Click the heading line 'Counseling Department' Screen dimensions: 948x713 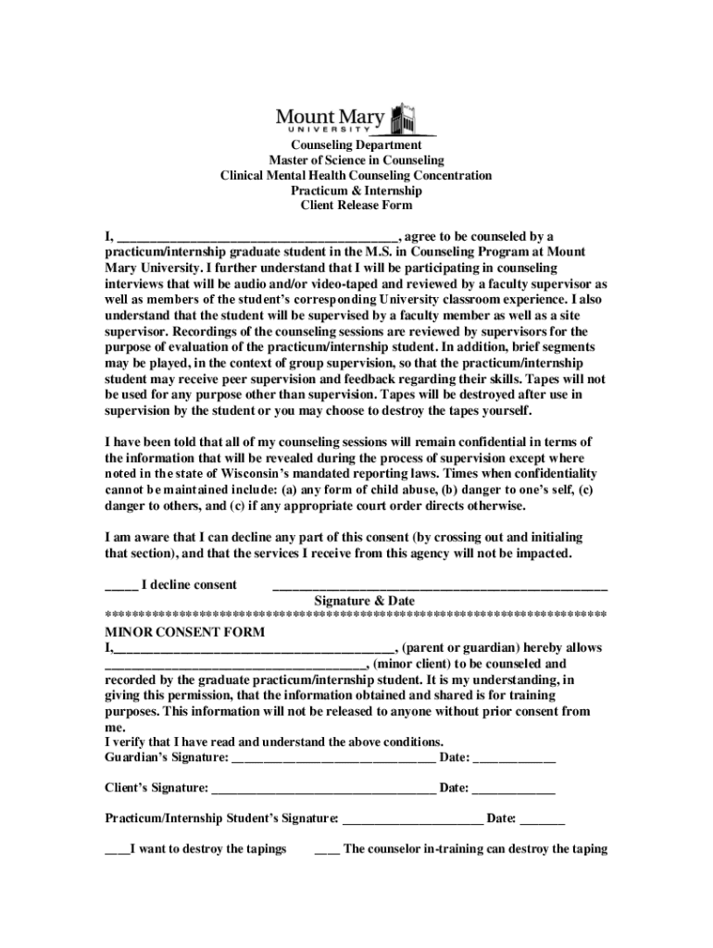tap(356, 145)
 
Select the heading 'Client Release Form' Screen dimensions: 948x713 tap(356, 205)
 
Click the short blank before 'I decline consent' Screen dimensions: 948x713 tap(121, 586)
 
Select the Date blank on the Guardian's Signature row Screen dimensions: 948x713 tap(515, 761)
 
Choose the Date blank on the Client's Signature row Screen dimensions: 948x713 tap(515, 791)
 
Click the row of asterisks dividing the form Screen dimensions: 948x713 tap(356, 616)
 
